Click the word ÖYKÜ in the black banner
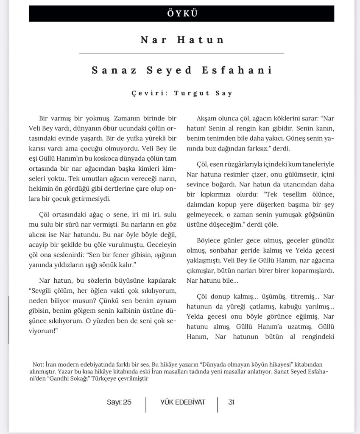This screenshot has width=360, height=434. click(181, 13)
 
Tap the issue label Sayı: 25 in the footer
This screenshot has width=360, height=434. click(119, 402)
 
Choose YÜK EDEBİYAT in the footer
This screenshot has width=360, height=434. click(182, 402)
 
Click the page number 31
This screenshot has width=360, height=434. click(231, 402)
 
